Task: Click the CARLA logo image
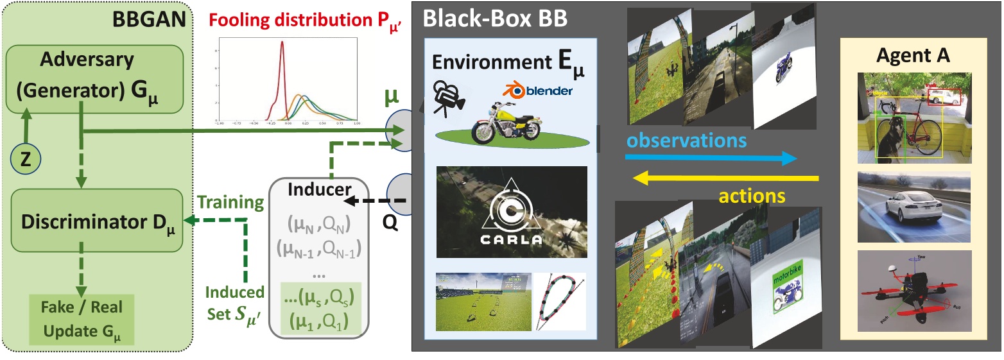[x=511, y=212]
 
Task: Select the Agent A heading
[x=917, y=56]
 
